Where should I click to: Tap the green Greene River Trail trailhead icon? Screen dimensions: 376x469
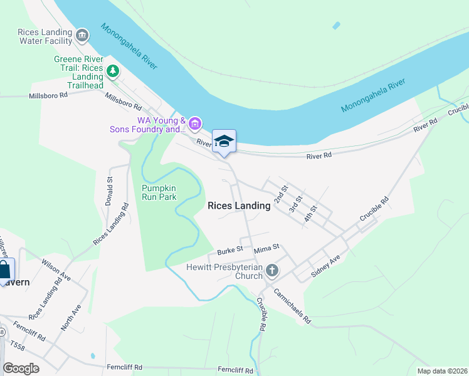(113, 71)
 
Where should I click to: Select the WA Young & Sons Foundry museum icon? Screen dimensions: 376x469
(195, 123)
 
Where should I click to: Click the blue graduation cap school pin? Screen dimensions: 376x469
(224, 141)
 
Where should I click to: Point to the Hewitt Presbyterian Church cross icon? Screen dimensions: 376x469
(271, 271)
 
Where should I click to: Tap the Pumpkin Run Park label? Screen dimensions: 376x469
(159, 192)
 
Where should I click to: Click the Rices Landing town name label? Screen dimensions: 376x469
(238, 206)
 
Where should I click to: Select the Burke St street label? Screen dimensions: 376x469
(229, 251)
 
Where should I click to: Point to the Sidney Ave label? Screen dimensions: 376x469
(326, 266)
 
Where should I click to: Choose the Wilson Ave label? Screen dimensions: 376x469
(56, 267)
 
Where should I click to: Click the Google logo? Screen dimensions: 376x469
(21, 368)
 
